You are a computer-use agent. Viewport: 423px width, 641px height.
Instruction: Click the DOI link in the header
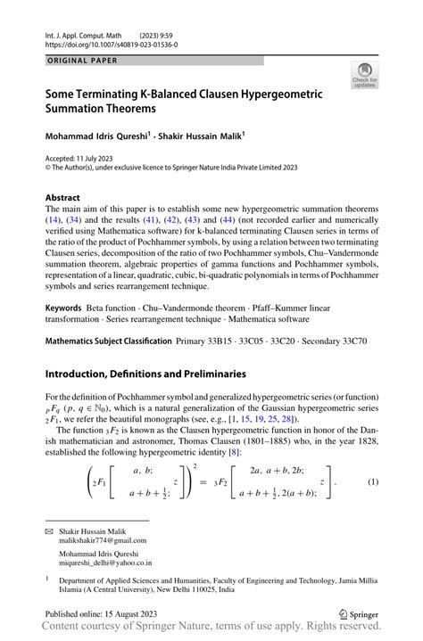(x=112, y=44)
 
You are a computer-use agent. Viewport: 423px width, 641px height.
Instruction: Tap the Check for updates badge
(x=364, y=75)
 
